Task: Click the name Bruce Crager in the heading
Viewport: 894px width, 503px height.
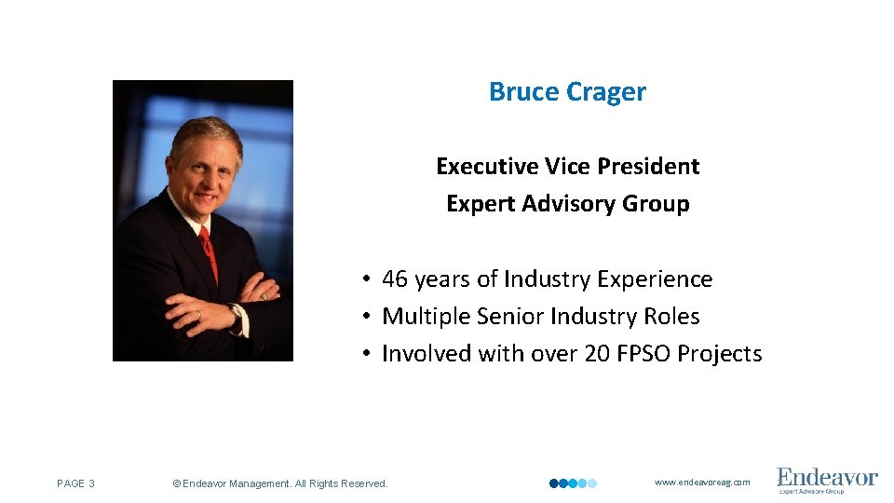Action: click(567, 92)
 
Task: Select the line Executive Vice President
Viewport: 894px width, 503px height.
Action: click(567, 167)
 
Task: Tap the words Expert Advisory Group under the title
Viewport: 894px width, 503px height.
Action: click(567, 204)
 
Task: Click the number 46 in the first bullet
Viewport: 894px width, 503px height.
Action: click(395, 279)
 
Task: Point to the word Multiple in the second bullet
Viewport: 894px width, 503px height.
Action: click(425, 317)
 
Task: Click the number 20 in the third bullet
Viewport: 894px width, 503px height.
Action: click(598, 354)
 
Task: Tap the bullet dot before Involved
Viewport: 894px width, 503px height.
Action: click(369, 354)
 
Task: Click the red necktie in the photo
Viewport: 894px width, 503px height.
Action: click(209, 251)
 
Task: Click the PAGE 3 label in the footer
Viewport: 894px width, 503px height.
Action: click(75, 483)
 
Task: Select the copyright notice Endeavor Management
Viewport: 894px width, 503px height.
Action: click(280, 483)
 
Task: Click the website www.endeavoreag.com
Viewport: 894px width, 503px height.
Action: click(702, 483)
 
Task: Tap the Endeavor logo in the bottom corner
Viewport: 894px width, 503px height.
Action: click(827, 481)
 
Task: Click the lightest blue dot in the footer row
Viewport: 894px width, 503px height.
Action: click(592, 483)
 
